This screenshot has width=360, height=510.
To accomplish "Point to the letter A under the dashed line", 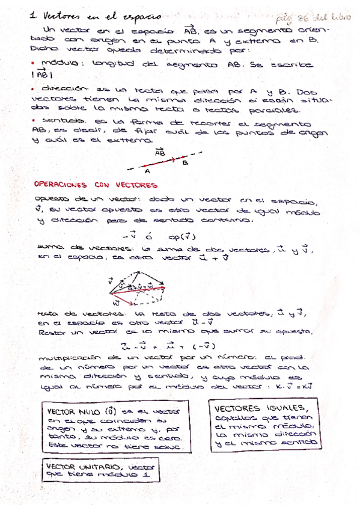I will click(147, 170).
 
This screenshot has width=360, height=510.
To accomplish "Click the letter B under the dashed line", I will click(185, 162).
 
